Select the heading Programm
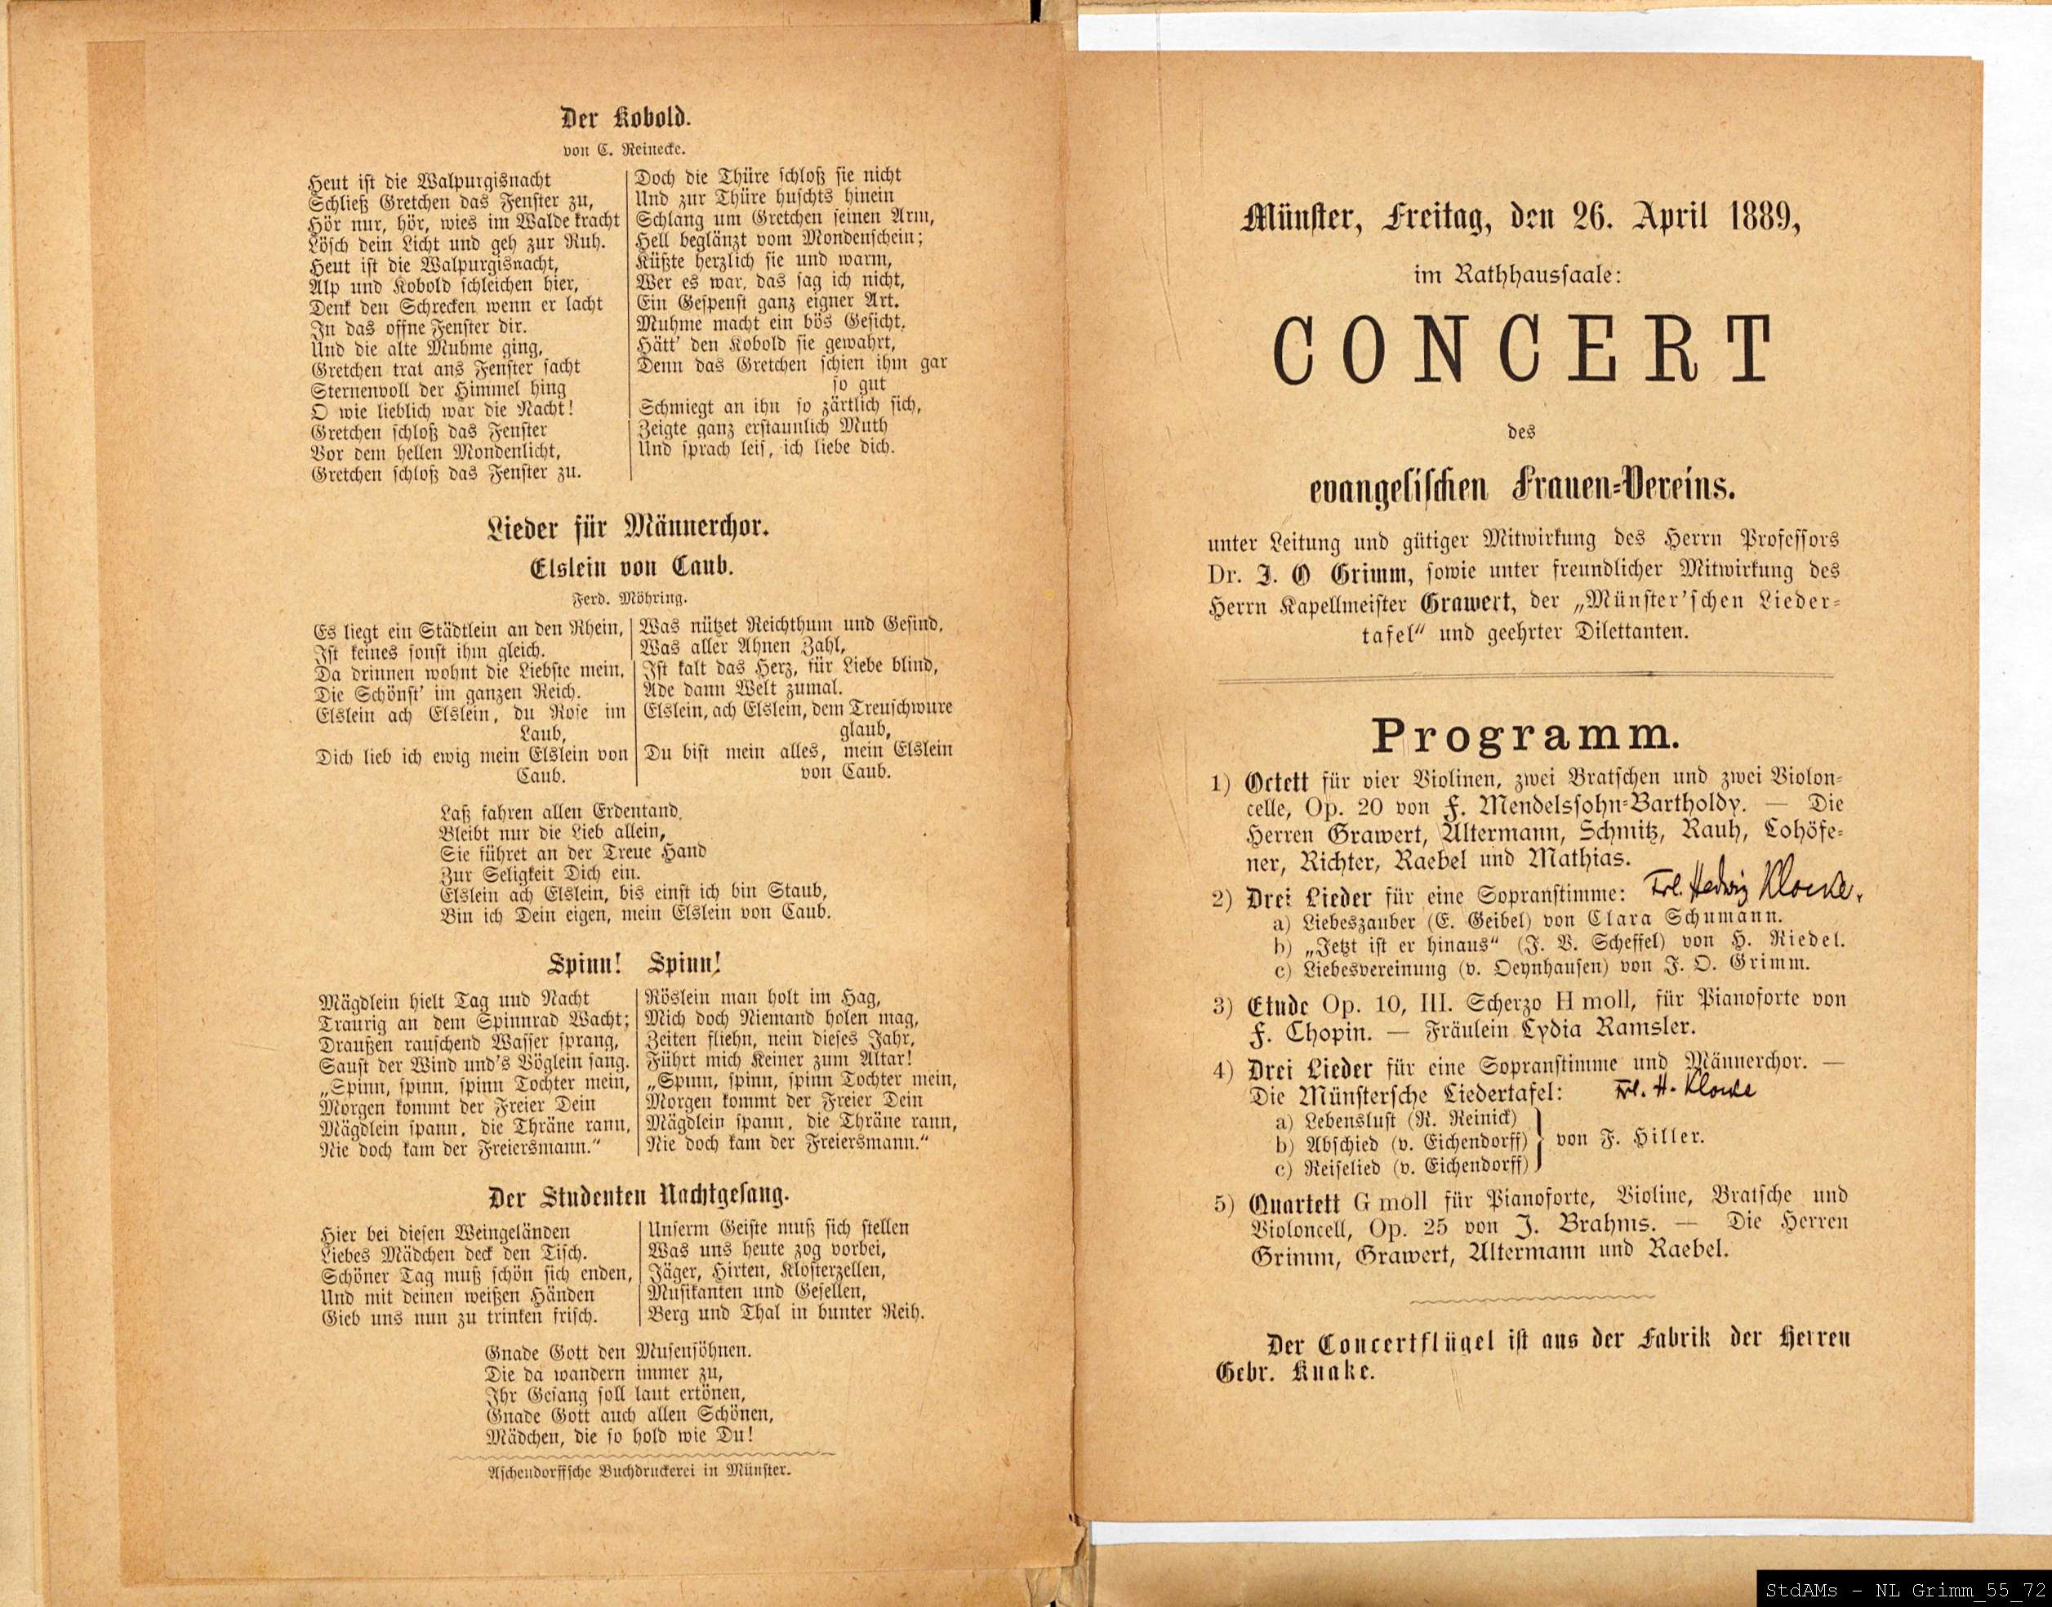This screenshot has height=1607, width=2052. tap(1525, 736)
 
